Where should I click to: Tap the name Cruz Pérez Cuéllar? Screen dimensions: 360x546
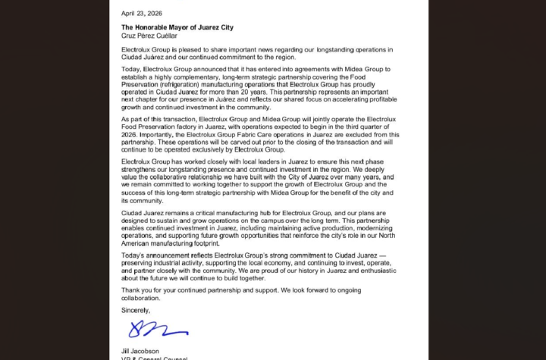[149, 36]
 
